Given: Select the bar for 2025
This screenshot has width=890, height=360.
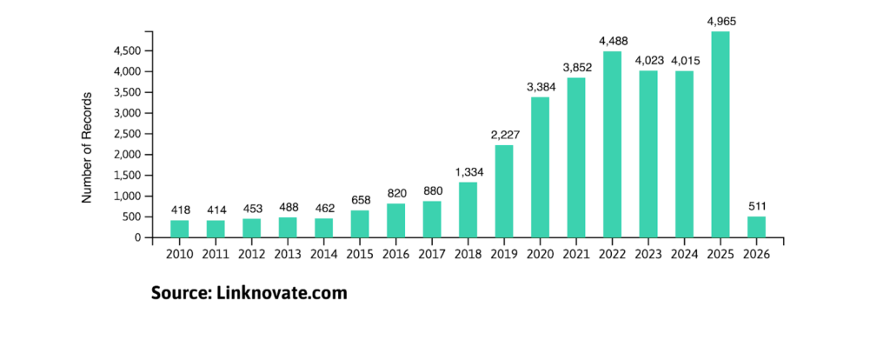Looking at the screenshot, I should point(721,135).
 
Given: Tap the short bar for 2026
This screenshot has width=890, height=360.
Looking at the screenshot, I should point(756,227).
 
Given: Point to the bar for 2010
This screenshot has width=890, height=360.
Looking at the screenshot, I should point(180,229).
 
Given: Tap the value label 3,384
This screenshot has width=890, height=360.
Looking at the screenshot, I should point(540,88).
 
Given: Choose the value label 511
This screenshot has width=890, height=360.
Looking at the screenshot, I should point(756,207).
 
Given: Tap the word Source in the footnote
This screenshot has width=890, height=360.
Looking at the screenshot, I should point(178,293).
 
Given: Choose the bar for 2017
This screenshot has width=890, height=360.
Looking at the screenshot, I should point(432,219).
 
